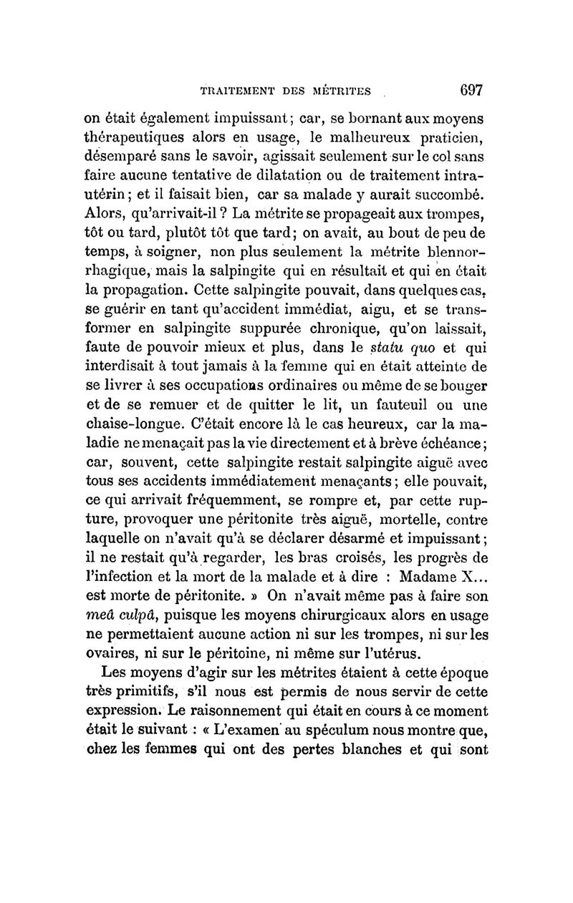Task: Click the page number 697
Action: pos(468,90)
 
